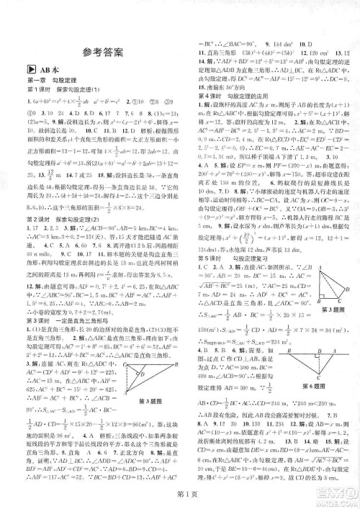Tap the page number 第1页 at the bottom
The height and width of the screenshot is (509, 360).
pos(181,495)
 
